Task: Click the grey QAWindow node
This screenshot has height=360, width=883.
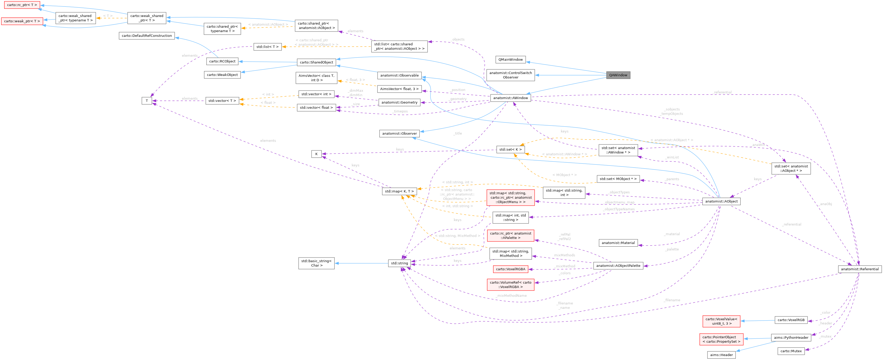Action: click(x=618, y=75)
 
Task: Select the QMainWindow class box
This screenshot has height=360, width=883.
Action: click(x=510, y=60)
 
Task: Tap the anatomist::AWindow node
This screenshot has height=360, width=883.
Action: click(x=510, y=98)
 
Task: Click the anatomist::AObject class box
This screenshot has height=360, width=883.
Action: click(x=721, y=202)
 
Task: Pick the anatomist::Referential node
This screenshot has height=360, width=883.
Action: click(x=860, y=269)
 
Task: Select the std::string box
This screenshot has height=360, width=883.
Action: click(x=399, y=263)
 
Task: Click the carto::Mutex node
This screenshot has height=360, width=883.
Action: click(x=791, y=351)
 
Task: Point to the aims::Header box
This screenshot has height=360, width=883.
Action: click(x=721, y=355)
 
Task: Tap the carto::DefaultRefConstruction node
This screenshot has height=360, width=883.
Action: click(x=147, y=36)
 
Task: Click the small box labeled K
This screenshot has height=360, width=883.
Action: click(x=316, y=154)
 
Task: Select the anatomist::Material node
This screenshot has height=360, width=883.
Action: click(x=618, y=243)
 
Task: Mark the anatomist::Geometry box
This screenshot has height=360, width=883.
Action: click(x=399, y=102)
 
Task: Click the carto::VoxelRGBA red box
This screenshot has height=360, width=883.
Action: click(x=510, y=269)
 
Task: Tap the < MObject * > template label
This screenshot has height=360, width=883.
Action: click(x=564, y=175)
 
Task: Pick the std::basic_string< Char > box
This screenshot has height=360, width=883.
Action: click(x=316, y=263)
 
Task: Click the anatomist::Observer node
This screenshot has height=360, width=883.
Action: click(x=399, y=133)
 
